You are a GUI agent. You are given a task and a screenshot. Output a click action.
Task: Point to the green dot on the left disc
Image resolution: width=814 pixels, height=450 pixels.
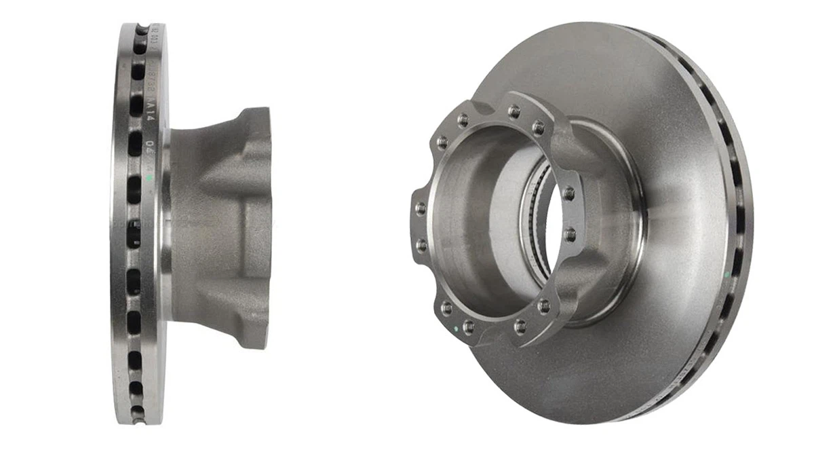click(x=149, y=179)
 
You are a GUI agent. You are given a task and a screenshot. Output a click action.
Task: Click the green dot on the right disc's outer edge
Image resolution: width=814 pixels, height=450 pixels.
click(x=726, y=274)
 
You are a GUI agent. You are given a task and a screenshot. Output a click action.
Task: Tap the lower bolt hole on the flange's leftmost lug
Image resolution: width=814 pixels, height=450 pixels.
click(x=421, y=243)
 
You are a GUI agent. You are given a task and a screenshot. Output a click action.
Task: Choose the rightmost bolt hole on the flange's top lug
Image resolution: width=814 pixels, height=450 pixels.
click(x=538, y=127)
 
